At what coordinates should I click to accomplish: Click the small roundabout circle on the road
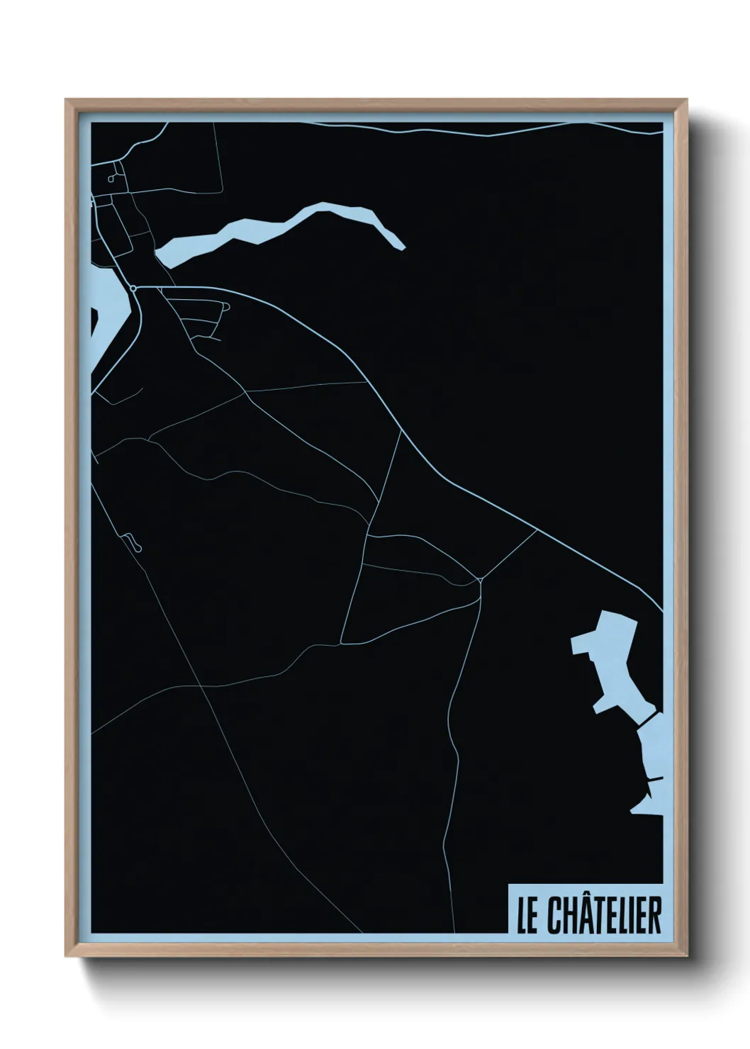pyautogui.click(x=133, y=288)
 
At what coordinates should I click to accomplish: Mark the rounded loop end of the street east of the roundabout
pyautogui.click(x=226, y=306)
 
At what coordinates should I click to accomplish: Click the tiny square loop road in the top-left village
pyautogui.click(x=112, y=176)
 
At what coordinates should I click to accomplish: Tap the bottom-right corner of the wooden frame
pyautogui.click(x=687, y=956)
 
